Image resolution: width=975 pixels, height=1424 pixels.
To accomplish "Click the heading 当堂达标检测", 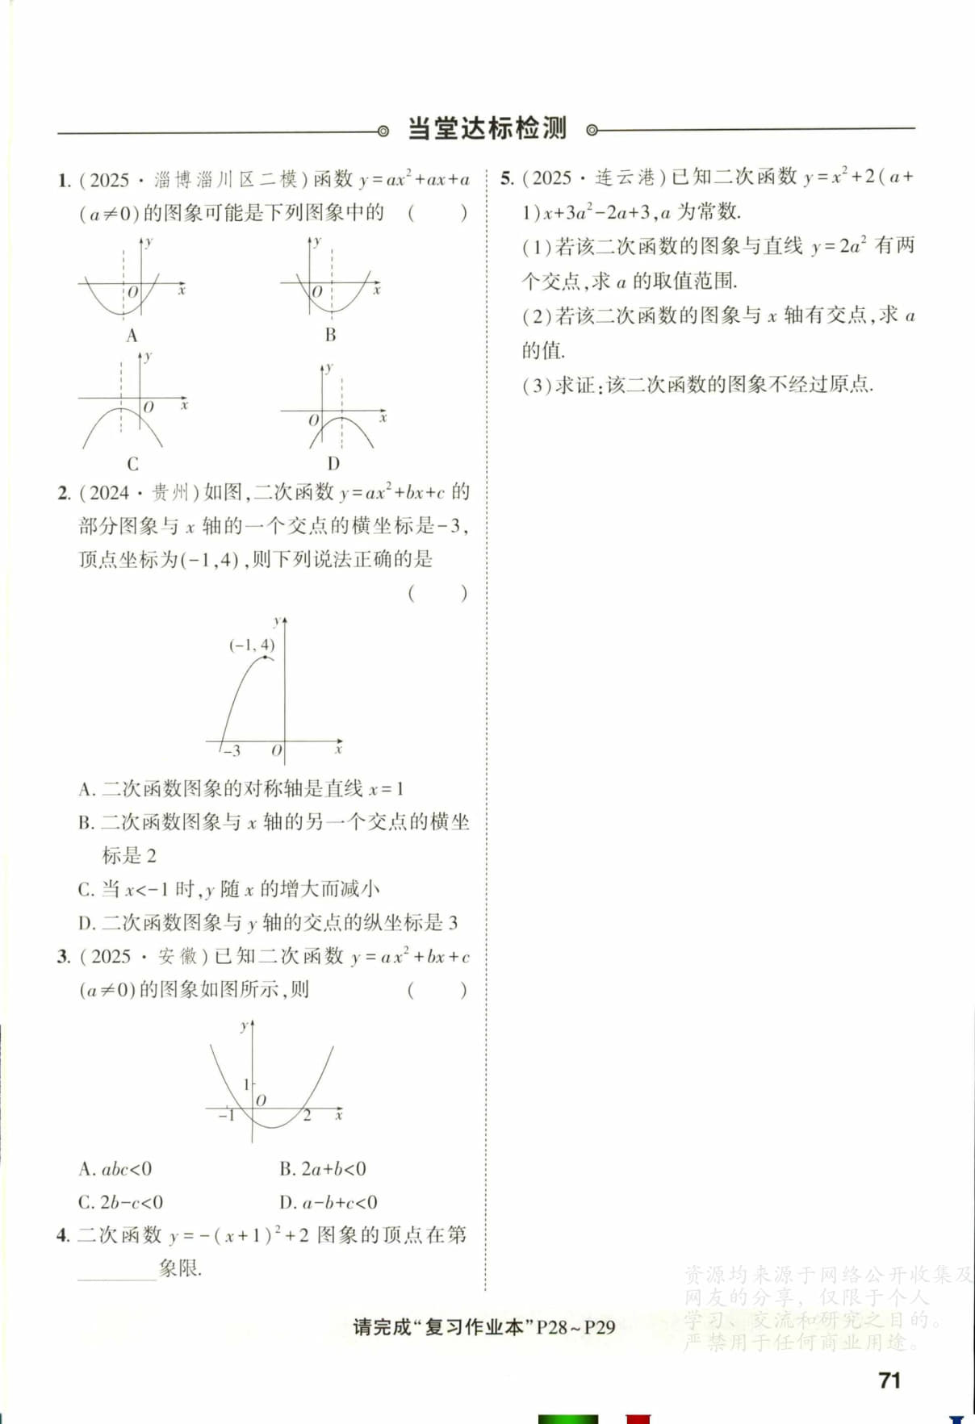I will pyautogui.click(x=487, y=128).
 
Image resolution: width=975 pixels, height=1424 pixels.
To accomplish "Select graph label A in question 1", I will pyautogui.click(x=132, y=336).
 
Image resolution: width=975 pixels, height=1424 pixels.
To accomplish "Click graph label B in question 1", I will pyautogui.click(x=330, y=335).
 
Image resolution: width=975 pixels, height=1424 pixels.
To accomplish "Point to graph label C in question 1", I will pyautogui.click(x=132, y=464).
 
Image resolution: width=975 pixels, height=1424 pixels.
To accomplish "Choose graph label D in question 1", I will pyautogui.click(x=333, y=464).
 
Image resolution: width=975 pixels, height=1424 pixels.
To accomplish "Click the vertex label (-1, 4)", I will pyautogui.click(x=252, y=645).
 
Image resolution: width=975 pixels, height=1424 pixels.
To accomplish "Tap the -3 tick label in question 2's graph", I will pyautogui.click(x=231, y=751).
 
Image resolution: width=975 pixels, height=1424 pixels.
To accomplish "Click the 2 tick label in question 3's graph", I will pyautogui.click(x=307, y=1116).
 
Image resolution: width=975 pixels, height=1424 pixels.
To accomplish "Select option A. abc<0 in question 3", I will pyautogui.click(x=115, y=1169).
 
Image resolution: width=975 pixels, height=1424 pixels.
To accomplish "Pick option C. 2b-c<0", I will pyautogui.click(x=120, y=1202).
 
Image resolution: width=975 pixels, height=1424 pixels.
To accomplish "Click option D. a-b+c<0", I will pyautogui.click(x=328, y=1202).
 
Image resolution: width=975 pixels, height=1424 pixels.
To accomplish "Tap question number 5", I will pyautogui.click(x=506, y=178).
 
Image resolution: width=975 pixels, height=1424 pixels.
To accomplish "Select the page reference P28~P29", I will pyautogui.click(x=575, y=1327).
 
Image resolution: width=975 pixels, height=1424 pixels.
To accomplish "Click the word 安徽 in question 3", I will pyautogui.click(x=178, y=956).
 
